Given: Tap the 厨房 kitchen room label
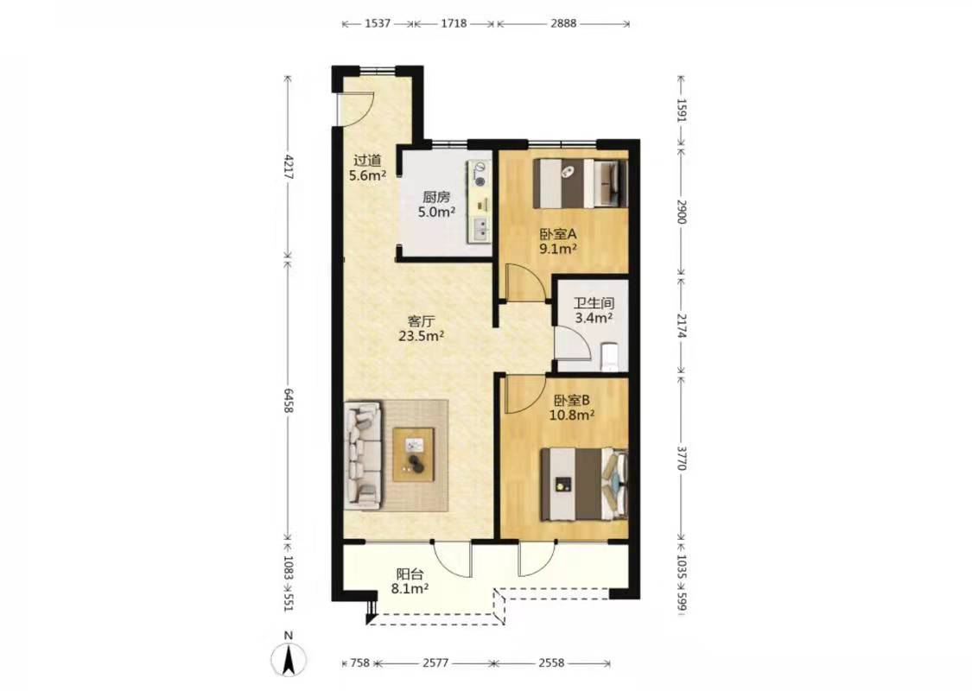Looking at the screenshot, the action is [x=436, y=198].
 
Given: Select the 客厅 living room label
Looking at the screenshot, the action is [x=421, y=321].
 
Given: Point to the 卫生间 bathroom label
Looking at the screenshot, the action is [x=594, y=304].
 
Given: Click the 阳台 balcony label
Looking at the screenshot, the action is [x=410, y=574].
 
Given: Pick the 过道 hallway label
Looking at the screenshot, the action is [x=367, y=161].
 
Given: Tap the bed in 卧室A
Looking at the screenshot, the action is [x=581, y=184].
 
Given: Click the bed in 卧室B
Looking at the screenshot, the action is [x=584, y=484].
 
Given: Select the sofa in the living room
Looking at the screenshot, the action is [x=363, y=455].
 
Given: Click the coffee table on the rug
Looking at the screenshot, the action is [x=414, y=454].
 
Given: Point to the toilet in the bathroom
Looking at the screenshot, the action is [x=610, y=357].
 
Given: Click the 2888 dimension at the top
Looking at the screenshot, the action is [x=562, y=23].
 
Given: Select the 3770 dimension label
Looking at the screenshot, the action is [x=682, y=458].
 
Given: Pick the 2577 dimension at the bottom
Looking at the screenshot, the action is [x=435, y=663].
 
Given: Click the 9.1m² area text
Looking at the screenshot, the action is [x=558, y=249].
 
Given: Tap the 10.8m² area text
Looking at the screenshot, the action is [x=572, y=415].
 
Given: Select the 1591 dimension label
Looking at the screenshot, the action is [x=682, y=111].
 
